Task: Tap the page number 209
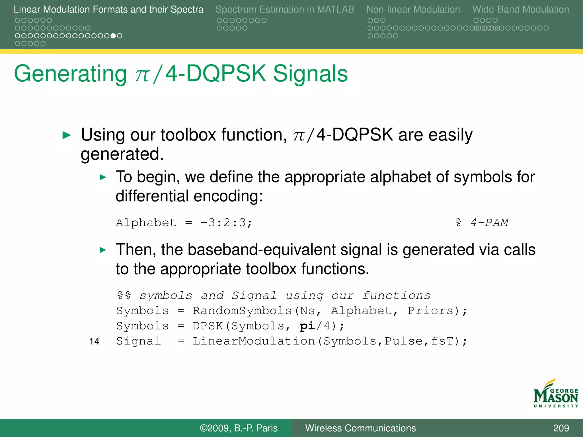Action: point(561,428)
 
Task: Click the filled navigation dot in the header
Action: point(113,36)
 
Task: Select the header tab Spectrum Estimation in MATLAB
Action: point(285,9)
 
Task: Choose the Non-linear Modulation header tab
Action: point(413,9)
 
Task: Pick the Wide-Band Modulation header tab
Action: point(520,9)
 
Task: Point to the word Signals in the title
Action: point(310,74)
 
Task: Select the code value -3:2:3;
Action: point(226,222)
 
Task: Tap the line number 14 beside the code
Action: point(94,341)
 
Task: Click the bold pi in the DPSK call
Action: point(307,326)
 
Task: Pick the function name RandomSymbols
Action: point(242,311)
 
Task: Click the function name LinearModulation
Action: point(254,341)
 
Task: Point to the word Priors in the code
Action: point(430,311)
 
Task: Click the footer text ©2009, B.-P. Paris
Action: point(239,428)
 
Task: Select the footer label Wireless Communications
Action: point(360,428)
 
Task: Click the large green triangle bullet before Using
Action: point(66,135)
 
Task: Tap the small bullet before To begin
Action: point(103,178)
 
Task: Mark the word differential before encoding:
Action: point(152,196)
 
